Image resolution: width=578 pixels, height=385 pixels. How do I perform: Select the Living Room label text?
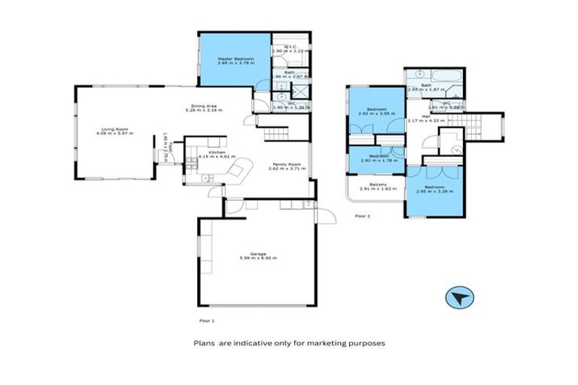[114, 130]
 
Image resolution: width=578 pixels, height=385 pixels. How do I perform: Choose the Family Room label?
[289, 166]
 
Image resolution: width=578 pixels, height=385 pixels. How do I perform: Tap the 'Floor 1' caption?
[206, 321]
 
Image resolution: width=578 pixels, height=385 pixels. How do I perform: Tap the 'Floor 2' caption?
[363, 216]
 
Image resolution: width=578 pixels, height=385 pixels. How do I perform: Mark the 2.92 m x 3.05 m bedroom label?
[376, 113]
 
